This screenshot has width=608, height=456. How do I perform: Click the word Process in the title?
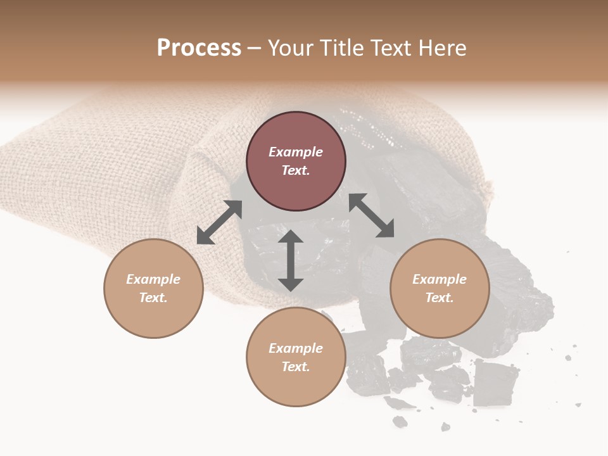pyautogui.click(x=199, y=48)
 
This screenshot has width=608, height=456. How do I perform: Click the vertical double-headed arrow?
pyautogui.click(x=291, y=260)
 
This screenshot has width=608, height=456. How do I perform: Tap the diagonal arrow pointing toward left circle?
pyautogui.click(x=219, y=222)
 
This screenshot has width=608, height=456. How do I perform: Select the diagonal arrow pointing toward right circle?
pyautogui.click(x=372, y=215)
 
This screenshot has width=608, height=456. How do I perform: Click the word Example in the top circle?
pyautogui.click(x=296, y=152)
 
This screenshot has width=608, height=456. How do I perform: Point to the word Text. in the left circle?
pyautogui.click(x=153, y=298)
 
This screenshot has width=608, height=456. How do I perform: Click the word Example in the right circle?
pyautogui.click(x=440, y=279)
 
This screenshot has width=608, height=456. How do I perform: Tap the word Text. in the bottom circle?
pyautogui.click(x=296, y=367)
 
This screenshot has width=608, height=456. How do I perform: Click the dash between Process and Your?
pyautogui.click(x=254, y=49)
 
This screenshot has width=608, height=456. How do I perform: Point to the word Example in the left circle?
pyautogui.click(x=153, y=279)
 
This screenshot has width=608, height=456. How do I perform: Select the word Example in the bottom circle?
pyautogui.click(x=296, y=348)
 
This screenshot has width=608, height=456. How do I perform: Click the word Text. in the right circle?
pyautogui.click(x=440, y=298)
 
